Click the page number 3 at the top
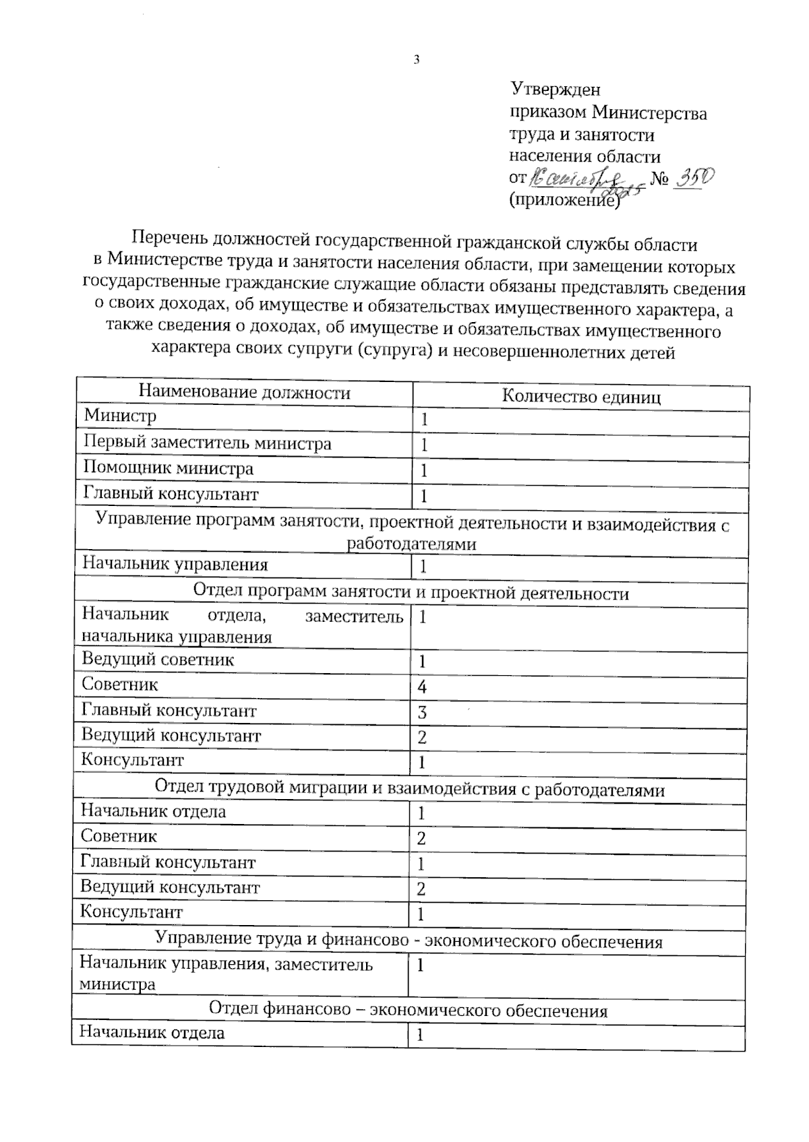tap(416, 59)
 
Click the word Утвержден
tap(555, 89)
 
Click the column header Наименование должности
tap(244, 393)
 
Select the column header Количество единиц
tap(580, 397)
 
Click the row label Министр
tap(119, 416)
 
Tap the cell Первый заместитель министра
tap(207, 443)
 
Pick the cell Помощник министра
tap(168, 468)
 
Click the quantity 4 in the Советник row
tap(422, 687)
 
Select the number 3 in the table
tap(422, 713)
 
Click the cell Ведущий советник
tap(158, 659)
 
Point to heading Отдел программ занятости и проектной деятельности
tap(411, 593)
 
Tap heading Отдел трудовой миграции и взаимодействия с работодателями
tap(409, 788)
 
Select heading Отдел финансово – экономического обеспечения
tap(408, 1011)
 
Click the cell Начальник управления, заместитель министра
tap(225, 974)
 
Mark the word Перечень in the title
tap(171, 239)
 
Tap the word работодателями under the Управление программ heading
tap(411, 544)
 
